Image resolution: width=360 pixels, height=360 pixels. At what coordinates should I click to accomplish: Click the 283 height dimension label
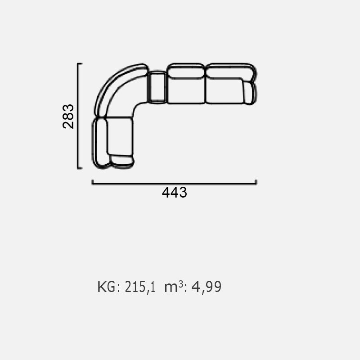coord(68,116)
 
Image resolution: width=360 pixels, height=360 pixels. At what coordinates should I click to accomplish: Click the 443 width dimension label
coord(175,193)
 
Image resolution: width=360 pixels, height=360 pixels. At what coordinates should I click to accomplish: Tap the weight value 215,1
coord(140,287)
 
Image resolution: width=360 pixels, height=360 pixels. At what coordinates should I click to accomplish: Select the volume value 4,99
coord(206,287)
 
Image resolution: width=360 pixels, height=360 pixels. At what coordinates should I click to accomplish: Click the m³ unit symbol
coord(174,286)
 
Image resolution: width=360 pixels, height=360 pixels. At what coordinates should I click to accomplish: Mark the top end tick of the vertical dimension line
coord(80,63)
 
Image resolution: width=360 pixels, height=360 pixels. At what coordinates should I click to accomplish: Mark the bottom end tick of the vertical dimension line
coord(80,168)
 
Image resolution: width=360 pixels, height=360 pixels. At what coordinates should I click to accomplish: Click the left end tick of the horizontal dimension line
coord(92,182)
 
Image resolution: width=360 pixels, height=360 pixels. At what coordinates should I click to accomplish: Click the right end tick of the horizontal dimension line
coord(256,182)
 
